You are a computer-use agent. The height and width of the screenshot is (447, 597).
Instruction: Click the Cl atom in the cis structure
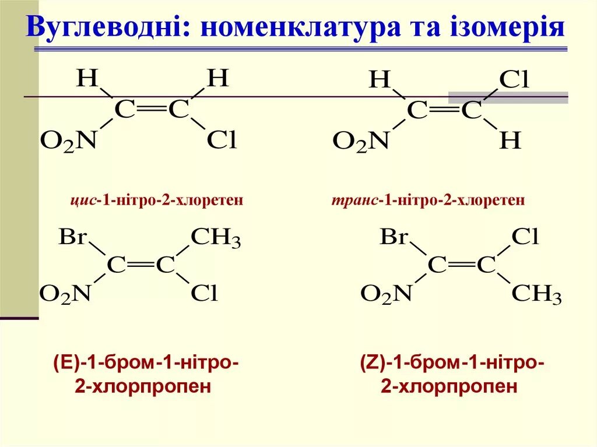pyautogui.click(x=222, y=140)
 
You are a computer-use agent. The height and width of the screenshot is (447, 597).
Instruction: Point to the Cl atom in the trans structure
pyautogui.click(x=514, y=81)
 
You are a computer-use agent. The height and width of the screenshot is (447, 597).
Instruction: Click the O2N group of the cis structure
pyautogui.click(x=68, y=141)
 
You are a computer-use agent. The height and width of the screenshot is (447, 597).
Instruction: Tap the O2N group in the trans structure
pyautogui.click(x=360, y=142)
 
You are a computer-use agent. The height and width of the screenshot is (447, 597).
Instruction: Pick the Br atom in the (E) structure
pyautogui.click(x=73, y=238)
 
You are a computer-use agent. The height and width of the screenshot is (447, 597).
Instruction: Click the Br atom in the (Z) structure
pyautogui.click(x=394, y=238)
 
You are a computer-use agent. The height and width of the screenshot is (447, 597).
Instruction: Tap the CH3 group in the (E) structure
pyautogui.click(x=216, y=238)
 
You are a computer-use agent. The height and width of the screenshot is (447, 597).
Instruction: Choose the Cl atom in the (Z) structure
pyautogui.click(x=525, y=237)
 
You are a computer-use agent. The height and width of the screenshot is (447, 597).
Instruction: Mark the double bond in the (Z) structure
pyautogui.click(x=461, y=265)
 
